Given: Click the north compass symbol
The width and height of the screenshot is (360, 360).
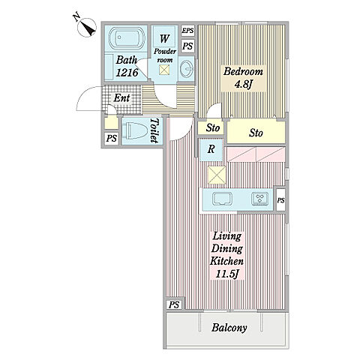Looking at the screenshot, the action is pos(87,28).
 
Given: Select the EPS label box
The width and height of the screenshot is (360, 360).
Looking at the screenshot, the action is pos(187,31).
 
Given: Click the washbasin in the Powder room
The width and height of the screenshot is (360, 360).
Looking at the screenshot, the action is pos(187,67).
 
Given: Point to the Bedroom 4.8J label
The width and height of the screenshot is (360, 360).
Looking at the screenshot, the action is pos(243,78).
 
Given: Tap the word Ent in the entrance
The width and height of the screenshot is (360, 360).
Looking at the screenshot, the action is pos(121,97).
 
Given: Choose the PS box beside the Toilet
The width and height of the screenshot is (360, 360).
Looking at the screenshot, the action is pos(111,138).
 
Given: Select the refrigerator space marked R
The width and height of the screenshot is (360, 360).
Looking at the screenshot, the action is pos(211,149).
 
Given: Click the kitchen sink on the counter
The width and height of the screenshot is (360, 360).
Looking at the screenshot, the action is pos(222,199).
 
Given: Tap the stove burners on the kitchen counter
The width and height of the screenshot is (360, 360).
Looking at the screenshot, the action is pos(259,199).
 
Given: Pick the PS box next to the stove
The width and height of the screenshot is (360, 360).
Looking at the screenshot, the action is pos(280,200).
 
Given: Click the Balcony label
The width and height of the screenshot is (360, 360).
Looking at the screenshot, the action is pos(229,328).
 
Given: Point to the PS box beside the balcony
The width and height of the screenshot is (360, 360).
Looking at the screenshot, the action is pos(174,304).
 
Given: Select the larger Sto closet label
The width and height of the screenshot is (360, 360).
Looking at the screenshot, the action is pos(256,133).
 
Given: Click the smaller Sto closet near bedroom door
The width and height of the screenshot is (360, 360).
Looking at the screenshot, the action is pos(212,127).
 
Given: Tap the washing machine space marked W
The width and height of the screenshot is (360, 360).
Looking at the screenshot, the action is pos(164,39).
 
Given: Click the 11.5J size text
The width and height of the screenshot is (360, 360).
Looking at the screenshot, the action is pos(226,274).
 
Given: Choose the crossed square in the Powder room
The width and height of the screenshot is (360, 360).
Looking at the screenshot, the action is pos(164,69).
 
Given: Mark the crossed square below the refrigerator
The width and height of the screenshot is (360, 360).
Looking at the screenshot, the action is pos(217,175).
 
